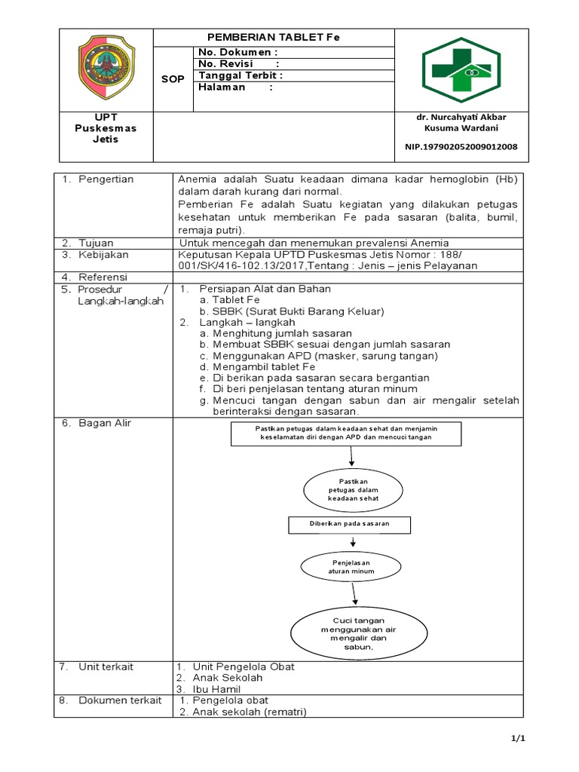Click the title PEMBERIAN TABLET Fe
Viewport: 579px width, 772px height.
tap(274, 38)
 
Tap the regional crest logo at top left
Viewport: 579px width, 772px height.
tap(106, 69)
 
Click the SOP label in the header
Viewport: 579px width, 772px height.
tap(173, 78)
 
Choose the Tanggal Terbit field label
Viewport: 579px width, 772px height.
tap(240, 75)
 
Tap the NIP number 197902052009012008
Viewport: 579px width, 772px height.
tap(461, 146)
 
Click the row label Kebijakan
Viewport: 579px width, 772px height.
tap(103, 254)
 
